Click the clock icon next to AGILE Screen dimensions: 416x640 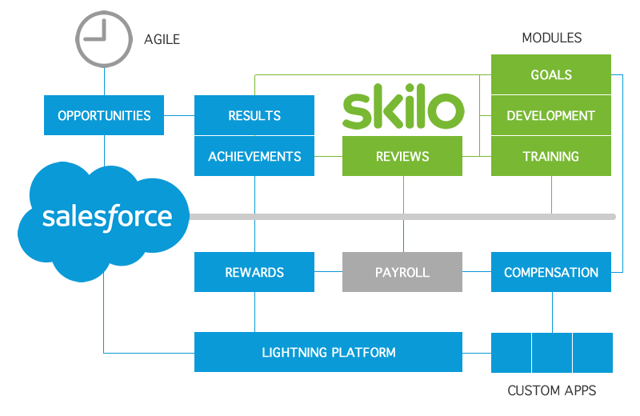click(x=104, y=35)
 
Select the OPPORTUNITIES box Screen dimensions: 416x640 click(x=104, y=115)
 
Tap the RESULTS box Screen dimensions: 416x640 click(x=254, y=115)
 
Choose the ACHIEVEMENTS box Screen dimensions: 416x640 click(x=254, y=156)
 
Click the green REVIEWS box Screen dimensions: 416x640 click(x=402, y=156)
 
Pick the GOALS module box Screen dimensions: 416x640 click(x=550, y=74)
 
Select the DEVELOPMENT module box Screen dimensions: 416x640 click(x=550, y=115)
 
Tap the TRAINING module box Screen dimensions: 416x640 click(x=550, y=156)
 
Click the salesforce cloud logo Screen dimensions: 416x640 click(x=104, y=218)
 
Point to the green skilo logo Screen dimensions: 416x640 click(x=402, y=110)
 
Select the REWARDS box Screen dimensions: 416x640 click(x=254, y=272)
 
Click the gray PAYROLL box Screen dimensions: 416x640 click(x=402, y=272)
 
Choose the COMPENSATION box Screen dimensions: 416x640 click(x=550, y=272)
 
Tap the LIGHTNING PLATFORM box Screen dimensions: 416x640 click(x=328, y=352)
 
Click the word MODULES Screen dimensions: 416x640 click(x=551, y=38)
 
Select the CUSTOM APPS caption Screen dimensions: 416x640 click(x=551, y=391)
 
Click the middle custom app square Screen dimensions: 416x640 click(x=552, y=353)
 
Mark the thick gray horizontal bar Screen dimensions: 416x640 click(x=400, y=216)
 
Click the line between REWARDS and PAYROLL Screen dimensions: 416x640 click(x=328, y=272)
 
